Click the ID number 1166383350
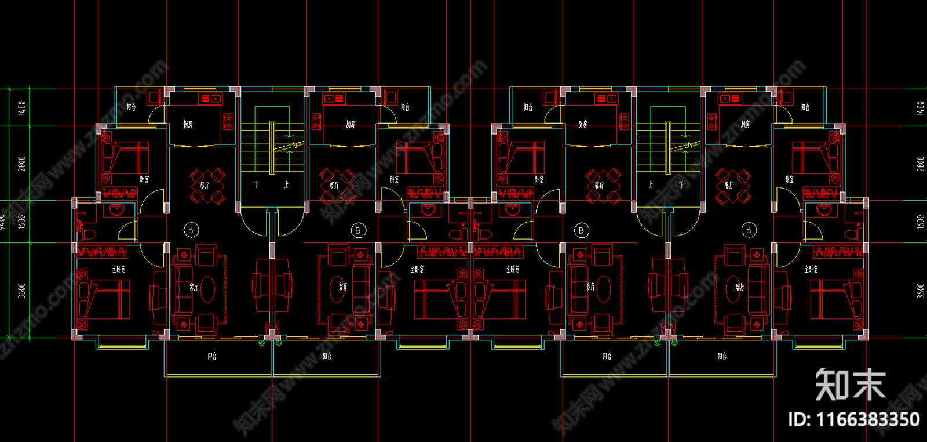click(x=853, y=419)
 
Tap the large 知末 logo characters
click(x=850, y=385)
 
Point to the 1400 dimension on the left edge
click(x=22, y=107)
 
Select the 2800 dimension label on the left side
click(x=22, y=164)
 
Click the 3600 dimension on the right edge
click(x=921, y=291)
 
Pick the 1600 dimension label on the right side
click(x=921, y=222)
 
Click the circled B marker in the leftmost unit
click(x=191, y=230)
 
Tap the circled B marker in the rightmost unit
click(x=749, y=230)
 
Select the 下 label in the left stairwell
click(x=256, y=184)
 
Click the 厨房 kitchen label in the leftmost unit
click(x=188, y=124)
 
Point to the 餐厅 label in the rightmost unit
click(x=728, y=185)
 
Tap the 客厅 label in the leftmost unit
click(x=194, y=287)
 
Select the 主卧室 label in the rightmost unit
click(x=811, y=269)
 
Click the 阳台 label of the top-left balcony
click(x=132, y=107)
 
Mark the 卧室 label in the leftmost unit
click(x=144, y=179)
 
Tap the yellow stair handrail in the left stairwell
click(x=272, y=147)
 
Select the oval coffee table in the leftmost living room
click(x=207, y=288)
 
